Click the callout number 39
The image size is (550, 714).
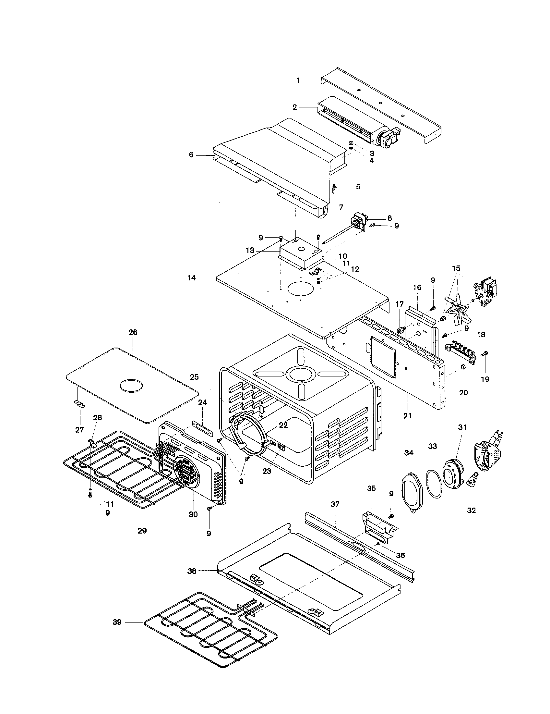[117, 622]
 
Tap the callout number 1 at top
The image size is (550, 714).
[297, 80]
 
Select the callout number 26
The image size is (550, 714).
[133, 332]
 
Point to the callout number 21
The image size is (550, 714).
[408, 416]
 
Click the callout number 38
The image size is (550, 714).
[192, 571]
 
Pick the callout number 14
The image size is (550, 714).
[191, 278]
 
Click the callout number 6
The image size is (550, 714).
[191, 154]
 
